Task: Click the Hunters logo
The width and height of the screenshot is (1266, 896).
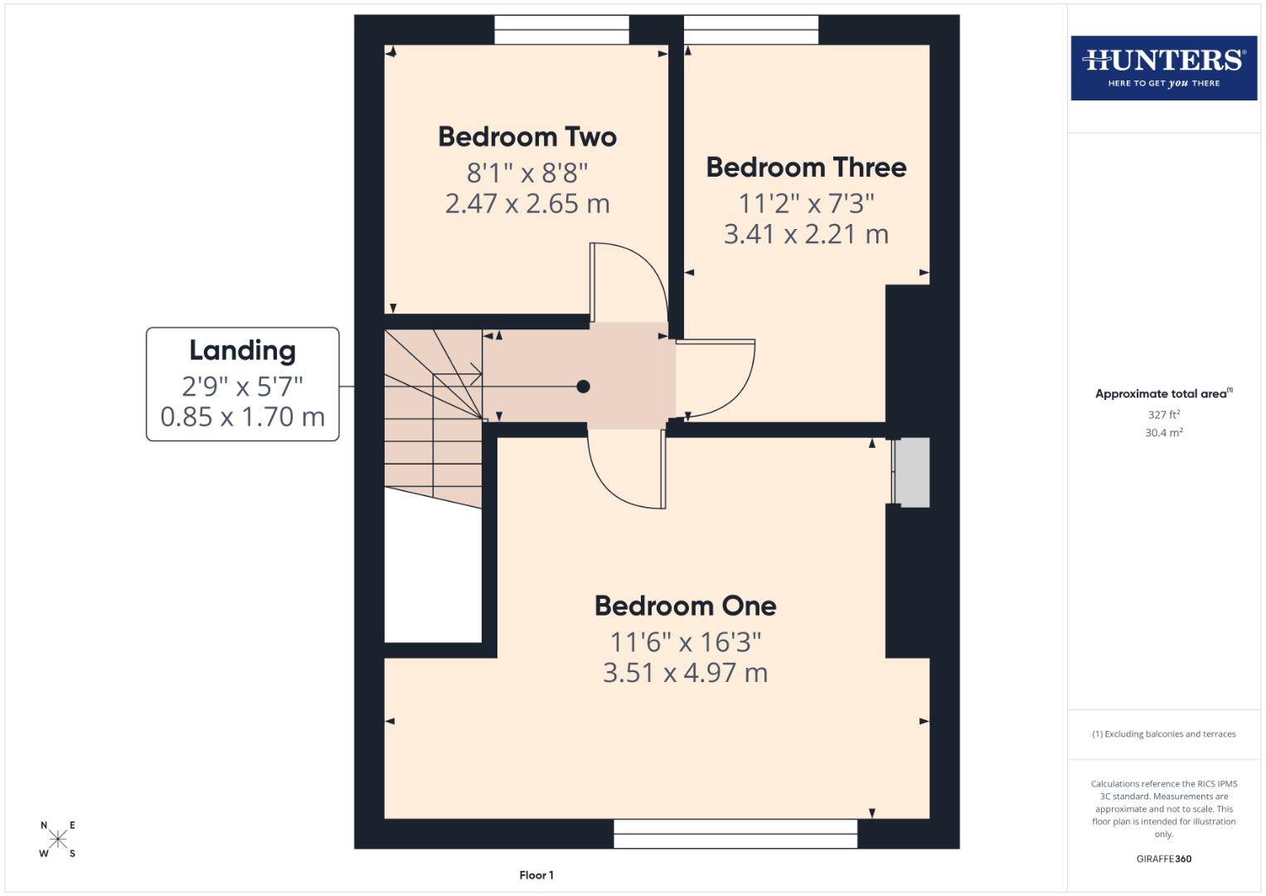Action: coord(1163,67)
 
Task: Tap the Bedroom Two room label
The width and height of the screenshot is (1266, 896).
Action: coord(527,137)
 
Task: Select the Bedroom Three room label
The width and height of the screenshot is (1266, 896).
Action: coord(806,168)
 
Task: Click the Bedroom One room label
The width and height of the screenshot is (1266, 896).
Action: coord(685,606)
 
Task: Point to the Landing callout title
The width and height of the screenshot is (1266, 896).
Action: coord(242,351)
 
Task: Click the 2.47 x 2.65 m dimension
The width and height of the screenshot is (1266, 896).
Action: coord(527,204)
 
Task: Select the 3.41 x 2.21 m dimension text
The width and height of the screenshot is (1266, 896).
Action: coord(806,235)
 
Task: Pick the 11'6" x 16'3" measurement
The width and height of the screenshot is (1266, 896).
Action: coord(685,642)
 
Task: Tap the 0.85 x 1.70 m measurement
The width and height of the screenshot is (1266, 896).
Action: coord(242,416)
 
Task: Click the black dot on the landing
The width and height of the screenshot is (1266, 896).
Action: coord(583,387)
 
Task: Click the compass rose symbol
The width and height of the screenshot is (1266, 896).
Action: coord(58,839)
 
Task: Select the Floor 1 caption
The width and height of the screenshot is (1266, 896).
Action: coord(536,875)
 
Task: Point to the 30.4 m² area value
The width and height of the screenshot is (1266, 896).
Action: coord(1163,433)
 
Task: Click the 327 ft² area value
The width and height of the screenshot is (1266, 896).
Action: coord(1163,415)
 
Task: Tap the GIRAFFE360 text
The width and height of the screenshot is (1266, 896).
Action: coord(1163,859)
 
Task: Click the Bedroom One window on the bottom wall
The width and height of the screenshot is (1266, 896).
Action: coord(735,834)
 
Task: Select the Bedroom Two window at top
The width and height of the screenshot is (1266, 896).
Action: coord(561,30)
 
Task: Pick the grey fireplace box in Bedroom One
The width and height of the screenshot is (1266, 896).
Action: coord(912,473)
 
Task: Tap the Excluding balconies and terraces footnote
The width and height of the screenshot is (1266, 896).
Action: coord(1163,734)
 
